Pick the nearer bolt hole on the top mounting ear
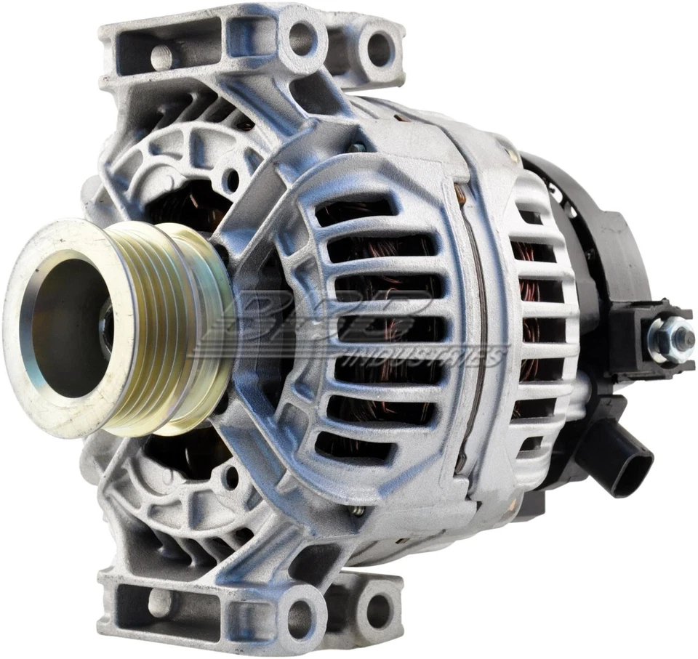click(x=302, y=36)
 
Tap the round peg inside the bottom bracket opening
click(x=160, y=602)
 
